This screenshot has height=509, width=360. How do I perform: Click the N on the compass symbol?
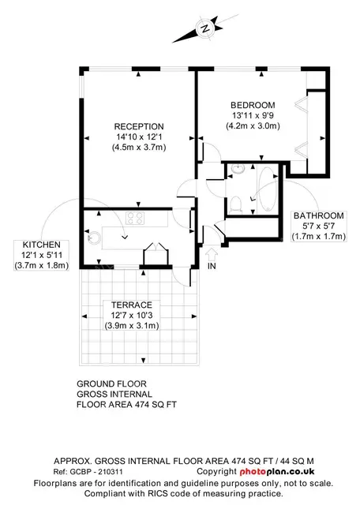pyautogui.click(x=204, y=28)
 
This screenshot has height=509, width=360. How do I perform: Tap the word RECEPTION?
pyautogui.click(x=139, y=126)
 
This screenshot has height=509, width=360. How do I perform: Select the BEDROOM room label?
pyautogui.click(x=253, y=105)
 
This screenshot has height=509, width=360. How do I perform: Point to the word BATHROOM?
pyautogui.click(x=318, y=215)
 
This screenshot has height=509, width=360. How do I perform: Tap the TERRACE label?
pyautogui.click(x=132, y=305)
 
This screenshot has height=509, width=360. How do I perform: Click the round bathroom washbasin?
pyautogui.click(x=238, y=169)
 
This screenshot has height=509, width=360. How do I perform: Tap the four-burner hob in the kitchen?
pyautogui.click(x=135, y=218)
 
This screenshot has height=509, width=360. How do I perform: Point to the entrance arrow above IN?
pyautogui.click(x=212, y=254)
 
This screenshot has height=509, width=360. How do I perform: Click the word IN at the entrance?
pyautogui.click(x=212, y=266)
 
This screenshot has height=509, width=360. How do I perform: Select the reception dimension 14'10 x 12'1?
pyautogui.click(x=139, y=137)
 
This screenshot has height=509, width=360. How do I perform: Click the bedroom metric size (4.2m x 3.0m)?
pyautogui.click(x=253, y=125)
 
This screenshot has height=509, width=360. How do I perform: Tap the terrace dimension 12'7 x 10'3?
pyautogui.click(x=132, y=315)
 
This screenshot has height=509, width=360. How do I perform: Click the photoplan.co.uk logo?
pyautogui.click(x=277, y=471)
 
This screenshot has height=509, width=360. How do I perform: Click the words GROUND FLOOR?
pyautogui.click(x=111, y=384)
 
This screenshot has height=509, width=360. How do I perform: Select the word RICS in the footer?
pyautogui.click(x=158, y=494)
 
